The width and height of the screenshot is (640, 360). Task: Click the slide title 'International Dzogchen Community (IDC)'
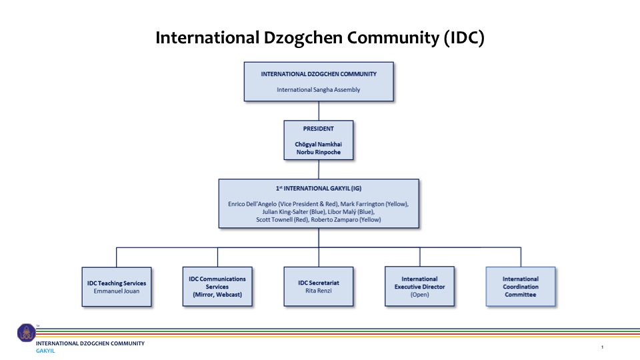coord(319,38)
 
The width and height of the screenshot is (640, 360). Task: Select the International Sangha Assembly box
coord(319,81)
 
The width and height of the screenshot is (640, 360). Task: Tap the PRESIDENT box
coord(319,140)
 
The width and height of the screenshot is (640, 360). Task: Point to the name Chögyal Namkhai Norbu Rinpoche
coord(319,148)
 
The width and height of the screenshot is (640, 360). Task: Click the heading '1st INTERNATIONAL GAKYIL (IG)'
coord(319,189)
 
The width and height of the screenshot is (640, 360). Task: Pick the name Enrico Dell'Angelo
coord(252,204)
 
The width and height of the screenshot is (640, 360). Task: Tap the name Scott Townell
coord(274,219)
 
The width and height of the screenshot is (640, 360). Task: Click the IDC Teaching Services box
coord(117,287)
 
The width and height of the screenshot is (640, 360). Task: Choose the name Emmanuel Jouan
coord(116,291)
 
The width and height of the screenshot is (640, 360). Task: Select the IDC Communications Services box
coord(217,287)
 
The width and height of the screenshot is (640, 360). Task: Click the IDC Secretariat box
coord(319,287)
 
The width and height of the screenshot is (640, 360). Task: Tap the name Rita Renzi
coord(319,291)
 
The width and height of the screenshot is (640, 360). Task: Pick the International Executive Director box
coord(419,287)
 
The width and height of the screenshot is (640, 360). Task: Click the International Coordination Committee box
coord(521,287)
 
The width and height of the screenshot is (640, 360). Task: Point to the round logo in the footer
coord(27,333)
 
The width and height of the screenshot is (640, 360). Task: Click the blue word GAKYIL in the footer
coord(45,351)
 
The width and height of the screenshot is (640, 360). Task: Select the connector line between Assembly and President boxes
coord(319,111)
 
